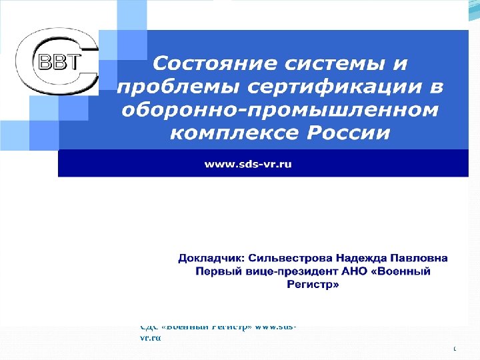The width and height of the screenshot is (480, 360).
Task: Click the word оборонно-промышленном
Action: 280,110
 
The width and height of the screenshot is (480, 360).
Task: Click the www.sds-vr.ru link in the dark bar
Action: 248,164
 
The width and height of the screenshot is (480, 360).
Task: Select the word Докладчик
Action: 209,258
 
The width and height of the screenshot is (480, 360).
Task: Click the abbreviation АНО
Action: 349,271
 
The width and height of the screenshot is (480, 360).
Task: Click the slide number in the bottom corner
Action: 454,349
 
